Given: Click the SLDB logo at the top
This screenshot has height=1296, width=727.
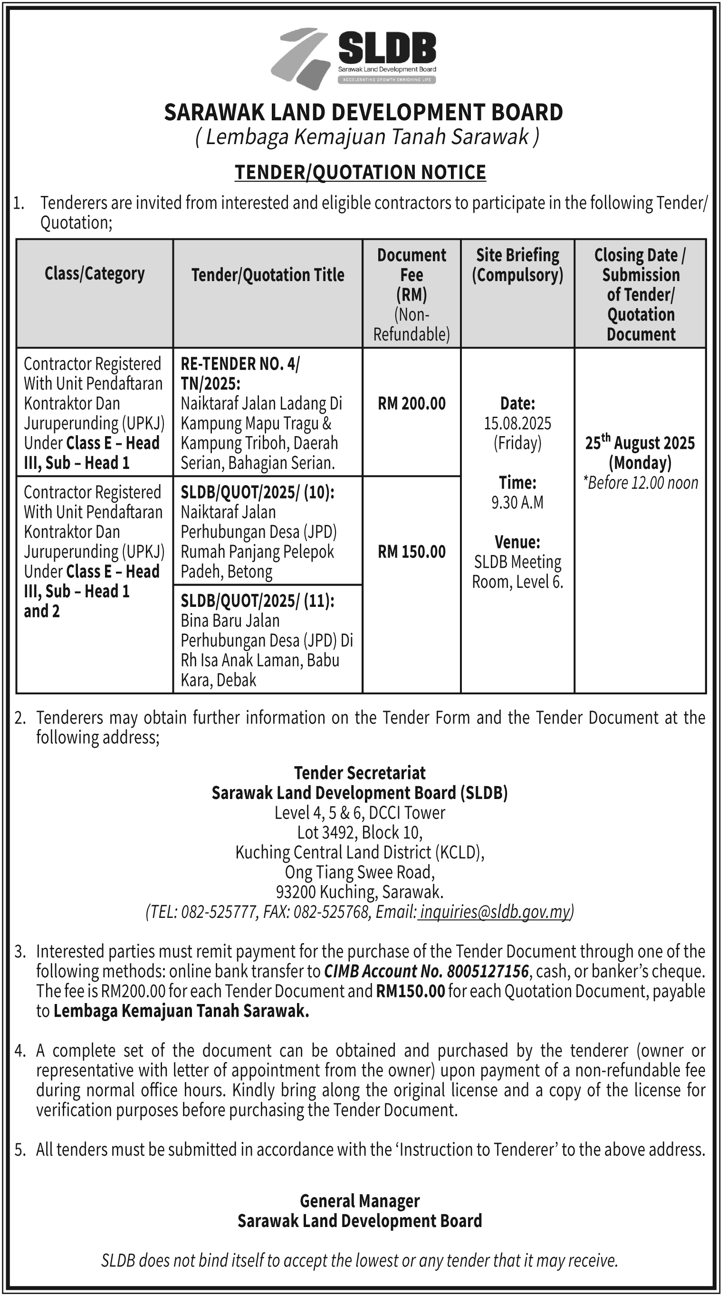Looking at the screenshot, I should (354, 58).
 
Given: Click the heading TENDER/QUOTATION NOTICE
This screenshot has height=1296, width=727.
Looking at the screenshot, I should (360, 172).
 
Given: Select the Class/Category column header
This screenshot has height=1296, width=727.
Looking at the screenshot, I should (95, 273).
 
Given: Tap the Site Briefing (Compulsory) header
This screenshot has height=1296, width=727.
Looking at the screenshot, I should (517, 265).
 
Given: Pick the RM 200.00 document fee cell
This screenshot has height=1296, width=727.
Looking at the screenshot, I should (411, 403).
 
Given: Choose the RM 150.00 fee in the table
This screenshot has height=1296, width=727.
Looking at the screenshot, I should (411, 552).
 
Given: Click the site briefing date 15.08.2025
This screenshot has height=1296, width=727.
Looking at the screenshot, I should (517, 423).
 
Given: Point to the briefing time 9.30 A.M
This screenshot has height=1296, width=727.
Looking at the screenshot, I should (517, 502).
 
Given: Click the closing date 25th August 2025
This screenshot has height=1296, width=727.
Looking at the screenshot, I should (640, 443).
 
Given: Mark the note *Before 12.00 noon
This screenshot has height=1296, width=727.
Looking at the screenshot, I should (640, 482).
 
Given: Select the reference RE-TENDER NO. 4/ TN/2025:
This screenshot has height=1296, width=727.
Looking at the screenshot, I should (239, 373).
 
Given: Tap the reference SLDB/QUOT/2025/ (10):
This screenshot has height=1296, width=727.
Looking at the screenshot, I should (258, 493).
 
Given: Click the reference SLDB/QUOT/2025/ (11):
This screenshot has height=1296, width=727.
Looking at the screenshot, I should (258, 601).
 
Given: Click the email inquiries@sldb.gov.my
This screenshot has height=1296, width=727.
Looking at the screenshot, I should (495, 911).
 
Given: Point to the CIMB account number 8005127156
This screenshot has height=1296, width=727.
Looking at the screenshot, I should (488, 971).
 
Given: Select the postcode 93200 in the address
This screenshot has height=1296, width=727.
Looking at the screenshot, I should (296, 891).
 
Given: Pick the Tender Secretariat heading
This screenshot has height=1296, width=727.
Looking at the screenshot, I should (360, 773).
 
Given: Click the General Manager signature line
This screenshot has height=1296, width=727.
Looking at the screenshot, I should (360, 1201).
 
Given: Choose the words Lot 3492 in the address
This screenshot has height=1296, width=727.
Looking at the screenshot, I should (327, 832).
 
